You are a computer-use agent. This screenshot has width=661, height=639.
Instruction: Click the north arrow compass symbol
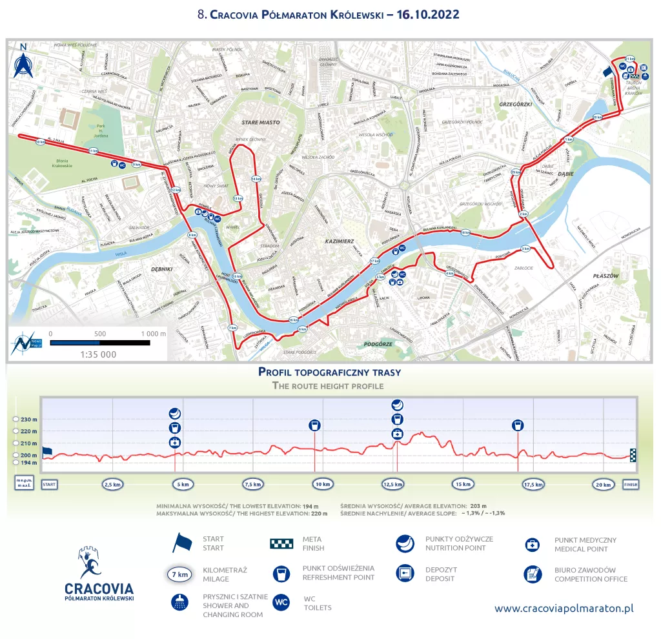[x=24, y=61]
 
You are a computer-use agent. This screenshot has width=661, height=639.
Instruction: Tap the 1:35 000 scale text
[x=98, y=354]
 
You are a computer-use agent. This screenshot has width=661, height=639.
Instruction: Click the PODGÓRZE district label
[x=378, y=344]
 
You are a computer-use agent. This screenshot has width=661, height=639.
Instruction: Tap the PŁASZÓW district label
[x=605, y=276]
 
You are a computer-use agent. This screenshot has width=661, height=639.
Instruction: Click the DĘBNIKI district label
[x=163, y=268]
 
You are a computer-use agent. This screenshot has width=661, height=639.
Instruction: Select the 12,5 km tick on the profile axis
[x=392, y=484]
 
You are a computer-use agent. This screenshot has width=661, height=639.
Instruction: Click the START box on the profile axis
[x=50, y=483]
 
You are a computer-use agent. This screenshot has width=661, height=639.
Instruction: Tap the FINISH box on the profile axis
[x=631, y=483]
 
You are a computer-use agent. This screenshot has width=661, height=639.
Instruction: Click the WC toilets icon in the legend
[x=281, y=602]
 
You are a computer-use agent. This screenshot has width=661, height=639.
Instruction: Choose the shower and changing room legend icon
[x=179, y=602]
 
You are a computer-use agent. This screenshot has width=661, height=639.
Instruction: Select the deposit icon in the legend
[x=405, y=573]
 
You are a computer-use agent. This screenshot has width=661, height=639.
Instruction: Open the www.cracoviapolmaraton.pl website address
[x=564, y=609]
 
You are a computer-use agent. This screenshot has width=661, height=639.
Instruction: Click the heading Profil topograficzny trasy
[x=329, y=372]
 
